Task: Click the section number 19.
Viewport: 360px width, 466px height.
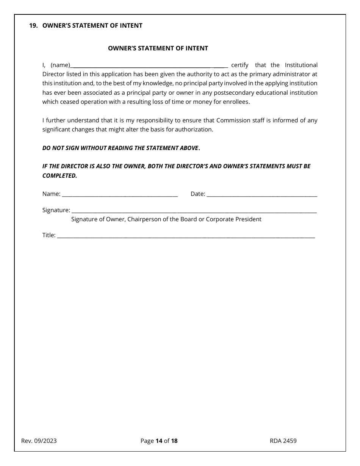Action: tap(33, 26)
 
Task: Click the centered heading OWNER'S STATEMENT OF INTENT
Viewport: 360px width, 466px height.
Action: tap(158, 48)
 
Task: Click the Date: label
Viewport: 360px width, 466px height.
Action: tap(198, 194)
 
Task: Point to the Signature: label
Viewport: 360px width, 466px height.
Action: tap(56, 210)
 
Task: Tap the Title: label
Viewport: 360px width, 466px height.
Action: tap(49, 235)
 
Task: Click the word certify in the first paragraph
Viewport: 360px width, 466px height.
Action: tap(239, 65)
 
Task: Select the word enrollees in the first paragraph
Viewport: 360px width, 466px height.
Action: tap(236, 102)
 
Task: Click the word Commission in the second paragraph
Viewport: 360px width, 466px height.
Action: tap(231, 120)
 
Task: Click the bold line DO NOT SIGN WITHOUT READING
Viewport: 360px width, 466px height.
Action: tap(121, 148)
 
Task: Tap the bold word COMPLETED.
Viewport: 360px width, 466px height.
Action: tap(59, 176)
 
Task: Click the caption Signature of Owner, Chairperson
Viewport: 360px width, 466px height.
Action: tap(166, 219)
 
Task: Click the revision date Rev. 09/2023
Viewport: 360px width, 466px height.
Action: tap(39, 441)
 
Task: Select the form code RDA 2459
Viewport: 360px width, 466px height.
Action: tap(283, 441)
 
